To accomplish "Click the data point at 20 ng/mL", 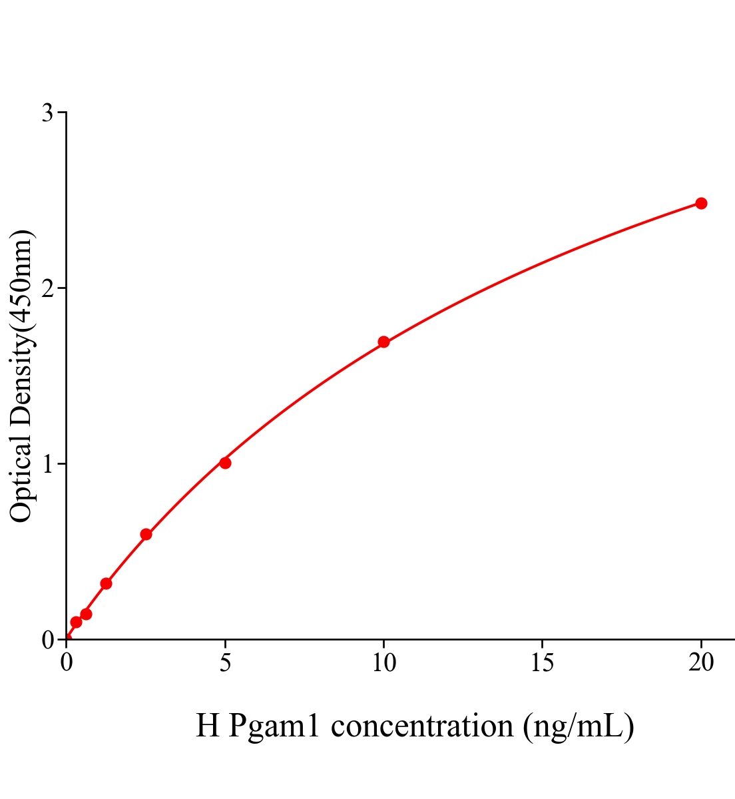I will (x=701, y=203).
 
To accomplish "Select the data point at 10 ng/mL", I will (x=383, y=342).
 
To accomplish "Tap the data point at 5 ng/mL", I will (x=225, y=463).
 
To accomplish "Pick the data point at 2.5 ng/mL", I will (x=146, y=534).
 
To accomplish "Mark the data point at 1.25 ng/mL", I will (x=106, y=583).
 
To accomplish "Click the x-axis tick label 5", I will (x=225, y=663).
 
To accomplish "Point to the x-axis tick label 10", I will (x=383, y=663).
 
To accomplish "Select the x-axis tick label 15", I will (x=542, y=663).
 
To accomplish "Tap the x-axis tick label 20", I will (x=700, y=663).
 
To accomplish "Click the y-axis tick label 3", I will (x=47, y=113).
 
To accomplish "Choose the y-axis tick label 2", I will (x=47, y=288).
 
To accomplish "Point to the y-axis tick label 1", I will (x=47, y=464).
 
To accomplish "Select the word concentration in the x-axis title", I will (x=422, y=726).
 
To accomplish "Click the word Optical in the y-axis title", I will (x=21, y=478).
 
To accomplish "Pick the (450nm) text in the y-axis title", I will (x=21, y=280).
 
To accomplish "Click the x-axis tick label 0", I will (x=67, y=663).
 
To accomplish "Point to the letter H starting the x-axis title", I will (x=208, y=726).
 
